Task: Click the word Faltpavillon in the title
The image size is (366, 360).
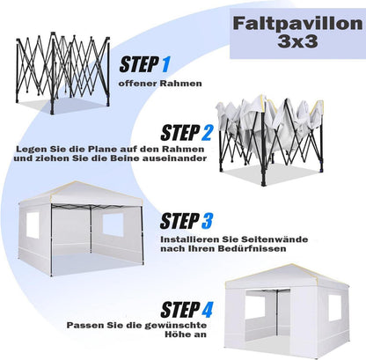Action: tap(298, 24)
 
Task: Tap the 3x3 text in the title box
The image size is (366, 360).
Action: tap(298, 41)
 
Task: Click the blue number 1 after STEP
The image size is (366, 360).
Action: tap(165, 64)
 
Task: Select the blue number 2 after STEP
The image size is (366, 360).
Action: tap(207, 133)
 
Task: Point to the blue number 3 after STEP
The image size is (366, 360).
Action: tap(207, 221)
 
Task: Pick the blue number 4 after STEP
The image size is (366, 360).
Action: tap(207, 310)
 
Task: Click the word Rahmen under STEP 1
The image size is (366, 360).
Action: tap(181, 84)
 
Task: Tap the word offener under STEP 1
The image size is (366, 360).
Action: tap(138, 84)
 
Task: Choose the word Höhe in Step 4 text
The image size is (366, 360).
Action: tap(179, 334)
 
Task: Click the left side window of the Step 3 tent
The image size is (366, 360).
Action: tap(33, 224)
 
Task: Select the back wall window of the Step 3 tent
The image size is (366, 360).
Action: tap(113, 224)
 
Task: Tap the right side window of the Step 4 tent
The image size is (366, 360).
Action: tap(335, 307)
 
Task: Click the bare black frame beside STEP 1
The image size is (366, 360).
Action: tap(63, 73)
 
